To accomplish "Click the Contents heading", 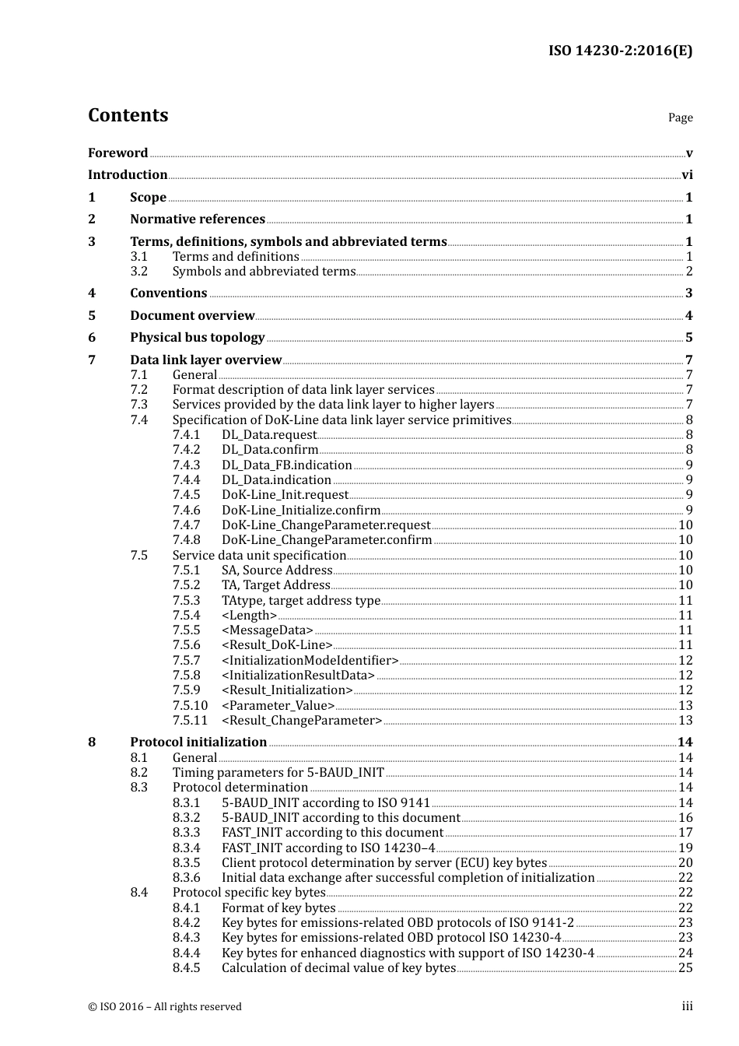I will pos(128,115).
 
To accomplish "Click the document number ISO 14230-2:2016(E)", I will pos(620,51).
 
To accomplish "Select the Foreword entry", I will pos(117,153).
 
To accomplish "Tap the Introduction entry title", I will pos(128,174).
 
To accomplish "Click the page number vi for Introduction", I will pos(687,174).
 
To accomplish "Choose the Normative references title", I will pos(198,219).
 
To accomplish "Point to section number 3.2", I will pos(139,271).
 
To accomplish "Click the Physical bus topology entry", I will pos(198,337).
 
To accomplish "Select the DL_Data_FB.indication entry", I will pos(287,465).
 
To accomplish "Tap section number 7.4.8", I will pos(187,539).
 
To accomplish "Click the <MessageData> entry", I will pos(268,630).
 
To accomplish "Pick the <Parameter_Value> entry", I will pos(278,705).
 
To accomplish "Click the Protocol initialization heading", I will pos(198,742).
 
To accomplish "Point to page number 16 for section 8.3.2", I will pos(685,817).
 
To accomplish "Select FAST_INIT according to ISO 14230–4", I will pos(328,848).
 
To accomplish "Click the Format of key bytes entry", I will pos(278,907).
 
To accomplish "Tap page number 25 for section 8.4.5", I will pos(685,967).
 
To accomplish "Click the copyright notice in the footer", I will pos(165,1006).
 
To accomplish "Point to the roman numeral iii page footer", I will pos(687,1006).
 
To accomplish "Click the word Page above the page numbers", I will pos(680,118).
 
